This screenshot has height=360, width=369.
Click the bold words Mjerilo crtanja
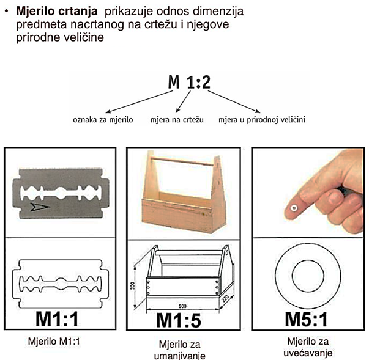pos(57,11)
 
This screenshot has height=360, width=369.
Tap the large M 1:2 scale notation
pos(189,82)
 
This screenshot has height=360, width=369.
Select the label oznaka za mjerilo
pos(103,120)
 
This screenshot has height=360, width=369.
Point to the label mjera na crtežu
pos(177,120)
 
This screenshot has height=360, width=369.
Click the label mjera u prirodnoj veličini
pos(262,120)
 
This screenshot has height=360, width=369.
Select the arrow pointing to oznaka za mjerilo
pos(140,101)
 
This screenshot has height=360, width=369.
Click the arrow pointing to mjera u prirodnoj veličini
pos(234,101)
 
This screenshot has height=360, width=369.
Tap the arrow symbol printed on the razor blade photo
pos(40,207)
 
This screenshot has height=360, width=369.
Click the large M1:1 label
pos(57,318)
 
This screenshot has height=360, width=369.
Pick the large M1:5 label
pos(179,320)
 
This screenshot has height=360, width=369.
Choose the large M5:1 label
pos(306,319)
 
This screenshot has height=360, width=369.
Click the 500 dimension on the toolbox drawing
pos(182,306)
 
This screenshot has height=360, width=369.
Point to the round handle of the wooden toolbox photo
pos(182,161)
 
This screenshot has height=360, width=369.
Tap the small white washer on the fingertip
pos(294,208)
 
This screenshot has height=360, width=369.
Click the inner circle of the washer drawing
pos(308,276)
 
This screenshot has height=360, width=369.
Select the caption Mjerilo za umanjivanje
pos(179,350)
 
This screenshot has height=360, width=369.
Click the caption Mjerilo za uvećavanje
pos(308,347)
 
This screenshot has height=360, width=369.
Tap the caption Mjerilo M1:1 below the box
pos(54,342)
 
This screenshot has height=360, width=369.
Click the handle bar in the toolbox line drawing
pos(189,253)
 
